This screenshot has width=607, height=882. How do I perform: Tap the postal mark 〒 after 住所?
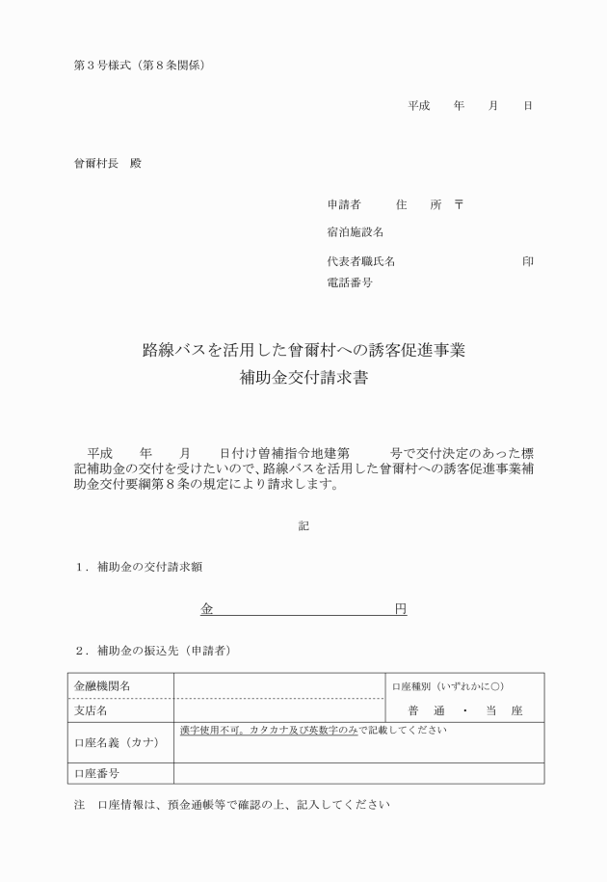tap(459, 205)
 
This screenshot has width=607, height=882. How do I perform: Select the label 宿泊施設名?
tap(356, 232)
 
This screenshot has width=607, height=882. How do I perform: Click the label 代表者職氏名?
tap(361, 261)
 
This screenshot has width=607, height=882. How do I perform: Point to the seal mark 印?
tap(527, 261)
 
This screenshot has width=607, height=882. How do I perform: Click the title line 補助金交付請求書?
tap(303, 378)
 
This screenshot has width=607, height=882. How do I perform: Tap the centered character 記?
tap(303, 525)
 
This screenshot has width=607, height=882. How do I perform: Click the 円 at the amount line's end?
tap(401, 609)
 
